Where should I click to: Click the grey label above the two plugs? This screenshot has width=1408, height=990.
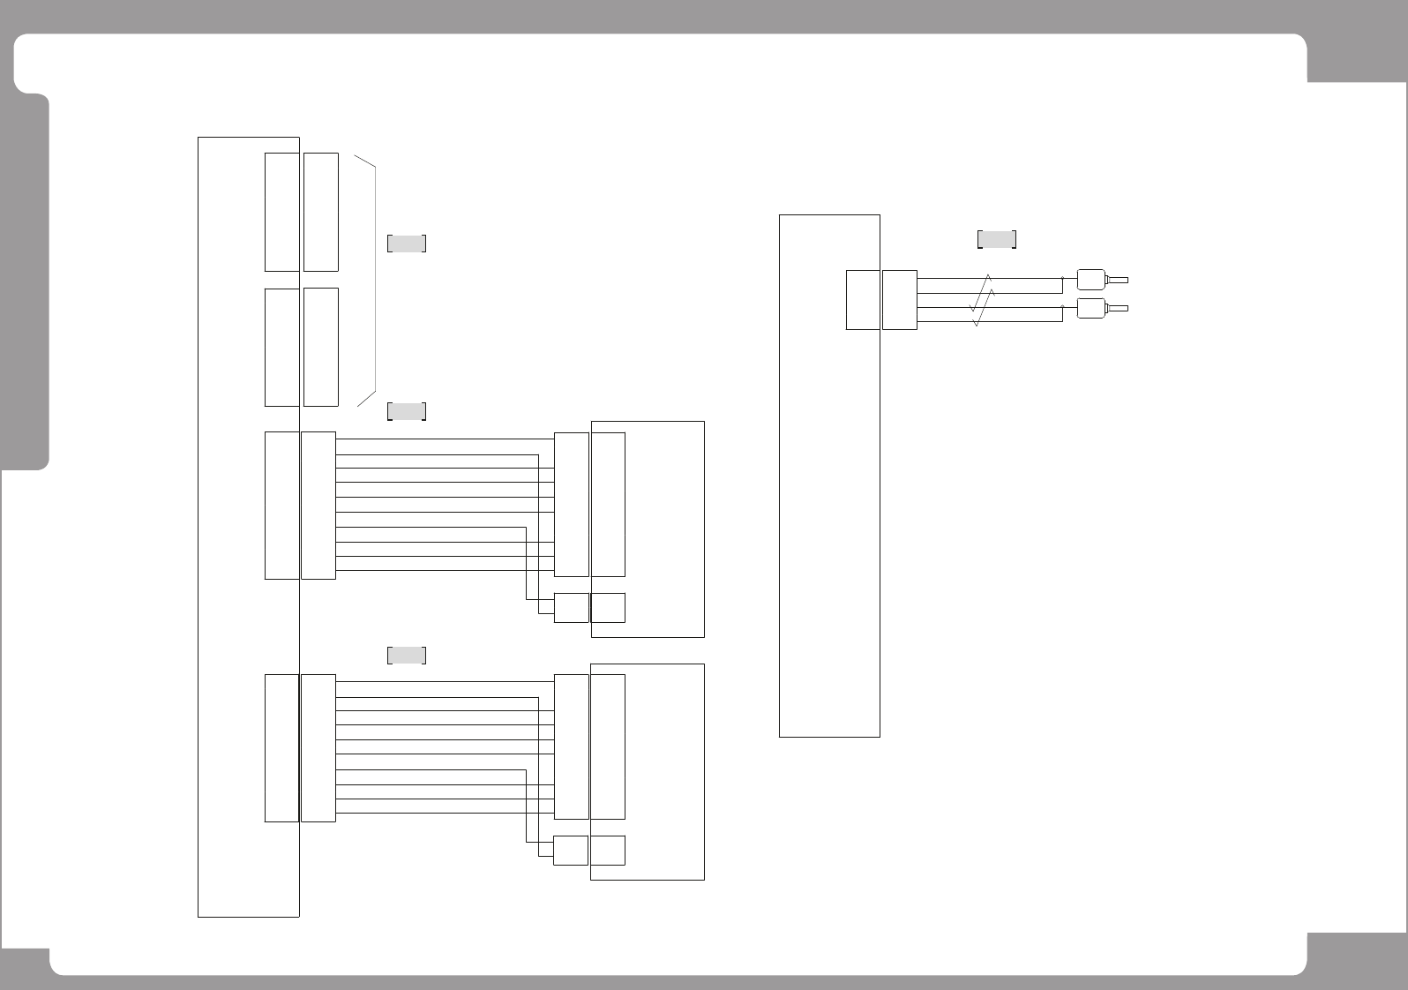(x=997, y=239)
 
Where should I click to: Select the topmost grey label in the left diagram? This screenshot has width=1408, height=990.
(x=407, y=244)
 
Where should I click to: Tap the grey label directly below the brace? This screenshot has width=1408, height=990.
(x=407, y=411)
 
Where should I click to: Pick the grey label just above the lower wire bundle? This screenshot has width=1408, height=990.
(x=407, y=655)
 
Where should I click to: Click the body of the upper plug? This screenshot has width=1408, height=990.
(x=1092, y=280)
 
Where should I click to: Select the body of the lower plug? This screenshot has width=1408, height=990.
(x=1092, y=308)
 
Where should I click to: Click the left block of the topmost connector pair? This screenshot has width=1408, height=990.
(x=281, y=212)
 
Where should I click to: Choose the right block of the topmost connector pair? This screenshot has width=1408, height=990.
(x=321, y=212)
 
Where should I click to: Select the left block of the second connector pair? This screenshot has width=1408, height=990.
(x=281, y=347)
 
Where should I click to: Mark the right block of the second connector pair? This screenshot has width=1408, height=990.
(x=321, y=347)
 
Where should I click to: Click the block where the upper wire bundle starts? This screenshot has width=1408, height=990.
(x=318, y=506)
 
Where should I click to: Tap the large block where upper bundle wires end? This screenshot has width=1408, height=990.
(x=571, y=505)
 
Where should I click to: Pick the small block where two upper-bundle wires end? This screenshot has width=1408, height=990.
(x=571, y=608)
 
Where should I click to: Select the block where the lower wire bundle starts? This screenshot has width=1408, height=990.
(x=318, y=748)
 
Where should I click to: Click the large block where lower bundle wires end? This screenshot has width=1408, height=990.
(x=571, y=746)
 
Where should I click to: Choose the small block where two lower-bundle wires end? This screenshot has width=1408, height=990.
(x=571, y=851)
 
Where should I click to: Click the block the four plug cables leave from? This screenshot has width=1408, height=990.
(x=900, y=300)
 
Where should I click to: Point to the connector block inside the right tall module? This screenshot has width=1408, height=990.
(x=863, y=300)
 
